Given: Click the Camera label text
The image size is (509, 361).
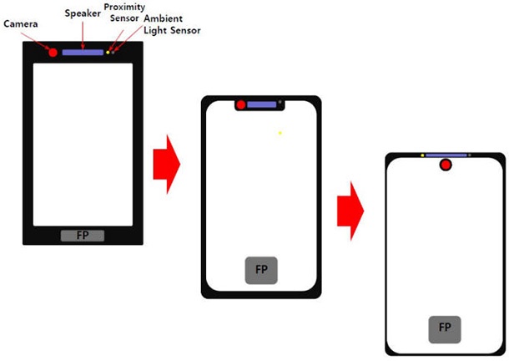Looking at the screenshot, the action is coord(21,23).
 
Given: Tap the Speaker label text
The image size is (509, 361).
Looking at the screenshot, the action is coord(83,13).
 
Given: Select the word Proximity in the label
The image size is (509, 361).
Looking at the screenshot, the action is coord(124,8).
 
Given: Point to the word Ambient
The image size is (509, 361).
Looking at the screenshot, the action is coord(163,18).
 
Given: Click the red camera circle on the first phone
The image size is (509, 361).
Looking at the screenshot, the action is coord(53,53).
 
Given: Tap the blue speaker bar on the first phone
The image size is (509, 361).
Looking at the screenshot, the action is coord(83,53).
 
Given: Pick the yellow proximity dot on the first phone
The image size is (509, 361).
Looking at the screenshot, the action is coord(108,53).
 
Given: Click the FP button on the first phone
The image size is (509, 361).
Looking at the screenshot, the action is coord(83,236).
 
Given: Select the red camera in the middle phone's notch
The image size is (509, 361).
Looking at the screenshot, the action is coord(241,104).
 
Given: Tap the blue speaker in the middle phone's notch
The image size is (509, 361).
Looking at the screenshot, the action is coord(262,104).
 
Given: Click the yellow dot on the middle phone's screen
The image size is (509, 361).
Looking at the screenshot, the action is coord(280,133).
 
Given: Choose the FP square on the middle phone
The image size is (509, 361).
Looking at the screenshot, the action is coord(261,270).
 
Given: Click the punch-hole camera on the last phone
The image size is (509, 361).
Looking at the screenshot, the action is coord(446,165).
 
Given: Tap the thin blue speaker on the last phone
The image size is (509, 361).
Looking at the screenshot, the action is coord(446,155).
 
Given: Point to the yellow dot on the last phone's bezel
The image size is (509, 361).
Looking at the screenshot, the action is coord(422,155).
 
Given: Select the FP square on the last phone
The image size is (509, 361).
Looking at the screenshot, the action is coord(445,329).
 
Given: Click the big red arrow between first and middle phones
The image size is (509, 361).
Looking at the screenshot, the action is coord(167,165).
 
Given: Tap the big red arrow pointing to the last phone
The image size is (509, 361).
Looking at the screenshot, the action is coord(350,211).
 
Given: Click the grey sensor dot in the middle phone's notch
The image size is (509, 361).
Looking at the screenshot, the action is coord(280,102).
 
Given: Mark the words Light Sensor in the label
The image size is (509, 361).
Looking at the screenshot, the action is coord(172,31).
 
